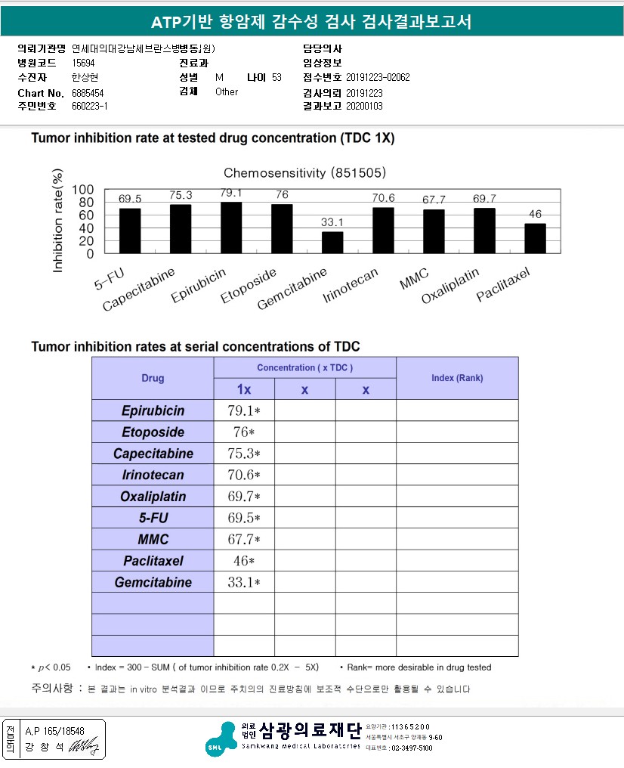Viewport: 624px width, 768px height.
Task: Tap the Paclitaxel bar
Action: point(535,238)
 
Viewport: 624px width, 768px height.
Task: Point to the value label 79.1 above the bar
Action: point(231,193)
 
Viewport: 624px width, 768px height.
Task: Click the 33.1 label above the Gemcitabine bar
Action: point(332,222)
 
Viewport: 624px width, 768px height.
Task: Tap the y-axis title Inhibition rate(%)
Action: point(58,221)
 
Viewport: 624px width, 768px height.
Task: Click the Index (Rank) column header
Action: point(457,378)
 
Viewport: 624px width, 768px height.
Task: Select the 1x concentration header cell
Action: point(244,389)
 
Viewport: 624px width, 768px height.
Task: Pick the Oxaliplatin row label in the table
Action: point(153,497)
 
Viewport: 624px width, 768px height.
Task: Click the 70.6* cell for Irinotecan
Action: point(244,475)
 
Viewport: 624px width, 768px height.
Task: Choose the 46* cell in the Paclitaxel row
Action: point(244,562)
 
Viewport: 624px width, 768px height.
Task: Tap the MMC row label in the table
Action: point(153,540)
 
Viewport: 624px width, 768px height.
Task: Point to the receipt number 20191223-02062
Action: point(378,78)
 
